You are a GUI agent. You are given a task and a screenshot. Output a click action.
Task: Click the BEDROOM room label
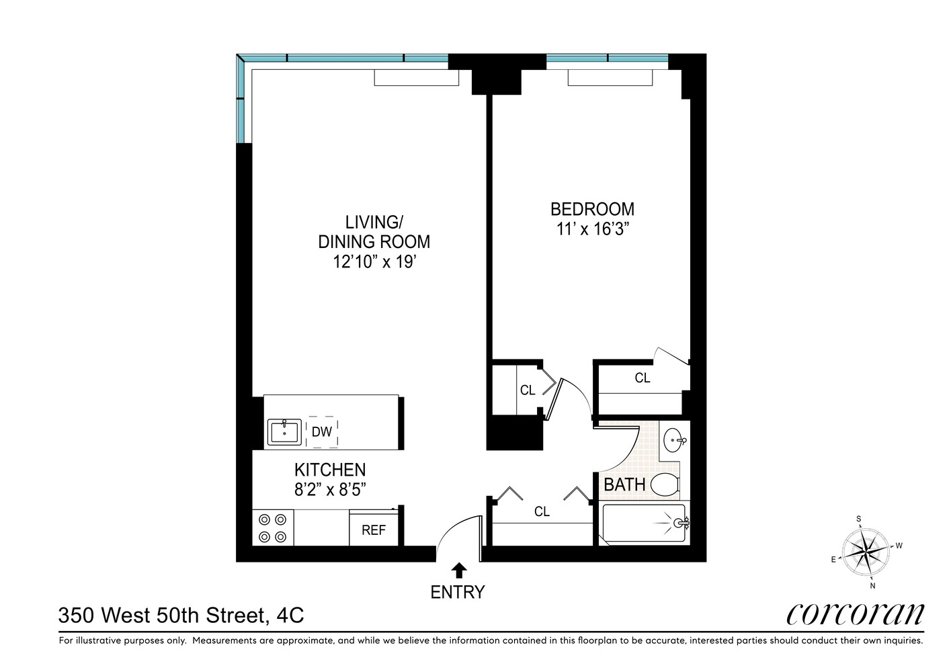591,209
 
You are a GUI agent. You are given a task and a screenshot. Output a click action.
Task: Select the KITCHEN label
330,470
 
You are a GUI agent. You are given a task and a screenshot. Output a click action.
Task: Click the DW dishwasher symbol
322,432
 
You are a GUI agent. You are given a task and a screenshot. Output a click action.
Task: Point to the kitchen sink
284,432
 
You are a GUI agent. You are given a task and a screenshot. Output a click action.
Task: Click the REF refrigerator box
374,530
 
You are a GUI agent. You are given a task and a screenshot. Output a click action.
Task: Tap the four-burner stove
273,528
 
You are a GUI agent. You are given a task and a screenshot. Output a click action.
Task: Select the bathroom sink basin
673,441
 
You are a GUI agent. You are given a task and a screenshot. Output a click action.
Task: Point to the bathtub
644,523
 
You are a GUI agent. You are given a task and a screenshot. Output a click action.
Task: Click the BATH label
624,485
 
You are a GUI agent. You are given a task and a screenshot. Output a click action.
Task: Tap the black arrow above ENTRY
459,571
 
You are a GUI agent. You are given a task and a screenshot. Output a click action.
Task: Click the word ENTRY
458,592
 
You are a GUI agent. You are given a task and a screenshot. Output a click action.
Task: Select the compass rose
866,550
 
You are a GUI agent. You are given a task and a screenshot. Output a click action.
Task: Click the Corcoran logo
855,613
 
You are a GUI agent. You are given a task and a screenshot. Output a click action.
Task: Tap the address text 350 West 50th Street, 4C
181,615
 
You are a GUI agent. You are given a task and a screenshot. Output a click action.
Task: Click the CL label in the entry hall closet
542,511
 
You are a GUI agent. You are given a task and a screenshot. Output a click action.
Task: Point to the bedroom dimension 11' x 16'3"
592,229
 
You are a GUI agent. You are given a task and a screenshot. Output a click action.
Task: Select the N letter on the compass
872,585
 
